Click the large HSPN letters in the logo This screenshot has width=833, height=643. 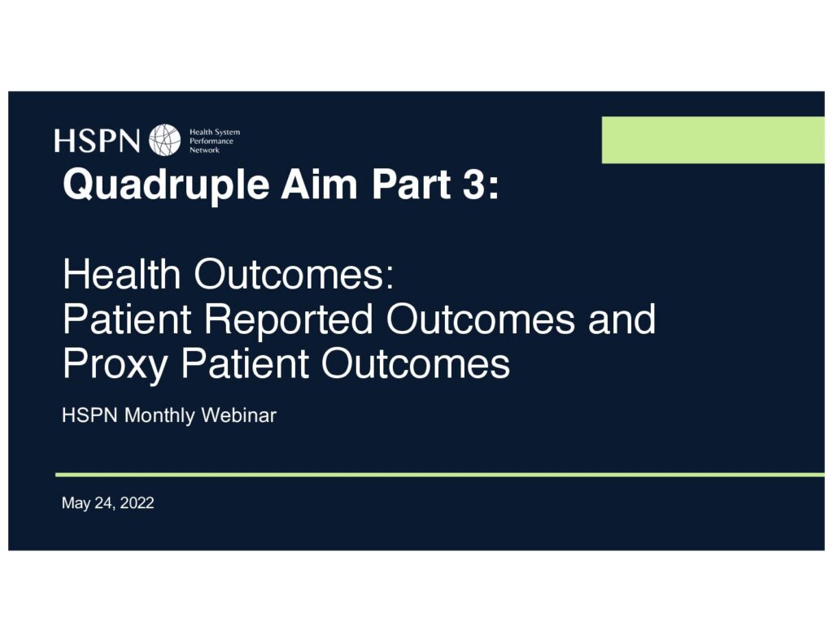click(x=97, y=141)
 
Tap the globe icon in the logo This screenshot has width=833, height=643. click(x=164, y=140)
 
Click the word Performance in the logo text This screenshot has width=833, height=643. click(x=212, y=141)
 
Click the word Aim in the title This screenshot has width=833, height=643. click(x=319, y=184)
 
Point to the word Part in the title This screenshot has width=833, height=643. click(x=411, y=185)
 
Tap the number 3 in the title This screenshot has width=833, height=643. click(x=474, y=185)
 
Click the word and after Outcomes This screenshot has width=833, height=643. click(x=621, y=319)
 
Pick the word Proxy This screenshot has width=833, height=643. click(x=116, y=365)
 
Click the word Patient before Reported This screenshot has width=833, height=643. click(x=127, y=319)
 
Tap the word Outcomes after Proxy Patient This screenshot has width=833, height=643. click(x=416, y=363)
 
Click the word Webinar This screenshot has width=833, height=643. click(x=238, y=415)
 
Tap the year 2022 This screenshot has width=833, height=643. click(x=137, y=503)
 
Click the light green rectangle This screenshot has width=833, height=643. click(x=713, y=140)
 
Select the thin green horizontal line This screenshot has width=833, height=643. click(x=440, y=475)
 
